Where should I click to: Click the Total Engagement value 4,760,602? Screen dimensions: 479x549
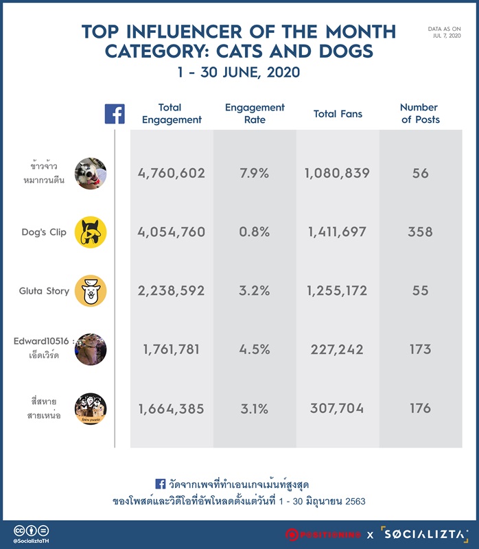(172, 174)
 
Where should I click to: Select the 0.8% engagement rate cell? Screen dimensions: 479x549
(255, 232)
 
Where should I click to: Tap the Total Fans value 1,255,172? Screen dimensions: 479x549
(337, 290)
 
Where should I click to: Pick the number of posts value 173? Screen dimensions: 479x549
(420, 349)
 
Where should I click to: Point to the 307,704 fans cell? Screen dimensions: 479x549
(337, 408)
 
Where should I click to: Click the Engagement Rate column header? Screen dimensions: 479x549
(255, 113)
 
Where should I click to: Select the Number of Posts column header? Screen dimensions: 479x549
(420, 113)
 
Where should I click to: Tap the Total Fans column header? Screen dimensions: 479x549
(338, 114)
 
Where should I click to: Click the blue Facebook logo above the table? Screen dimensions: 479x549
(115, 114)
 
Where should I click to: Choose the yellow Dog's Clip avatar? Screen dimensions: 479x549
(91, 232)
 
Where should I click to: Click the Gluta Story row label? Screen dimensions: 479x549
(44, 291)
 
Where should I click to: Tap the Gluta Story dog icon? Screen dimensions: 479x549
(91, 291)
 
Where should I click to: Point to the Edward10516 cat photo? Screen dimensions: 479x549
(91, 349)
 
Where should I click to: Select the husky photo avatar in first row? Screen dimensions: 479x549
(91, 174)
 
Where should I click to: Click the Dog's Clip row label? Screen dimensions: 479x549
(44, 232)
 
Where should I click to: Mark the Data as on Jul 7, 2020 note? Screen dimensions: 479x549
(444, 32)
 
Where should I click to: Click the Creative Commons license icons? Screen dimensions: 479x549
(31, 530)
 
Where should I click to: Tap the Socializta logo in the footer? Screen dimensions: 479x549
(424, 535)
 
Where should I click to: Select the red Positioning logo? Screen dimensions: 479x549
(323, 535)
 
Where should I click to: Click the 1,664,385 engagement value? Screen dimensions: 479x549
(172, 409)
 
